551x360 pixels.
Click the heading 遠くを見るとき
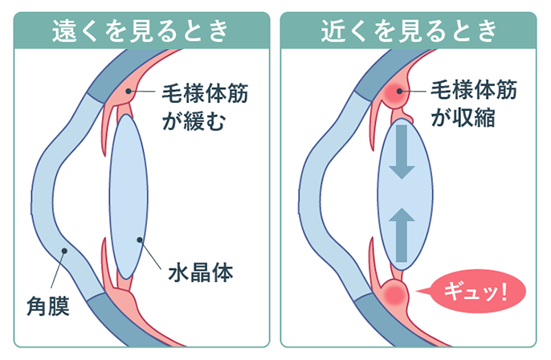click(139, 30)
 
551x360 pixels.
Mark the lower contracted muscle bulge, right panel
click(393, 294)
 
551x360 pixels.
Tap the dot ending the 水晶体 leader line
click(141, 239)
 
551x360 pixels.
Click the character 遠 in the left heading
click(64, 30)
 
